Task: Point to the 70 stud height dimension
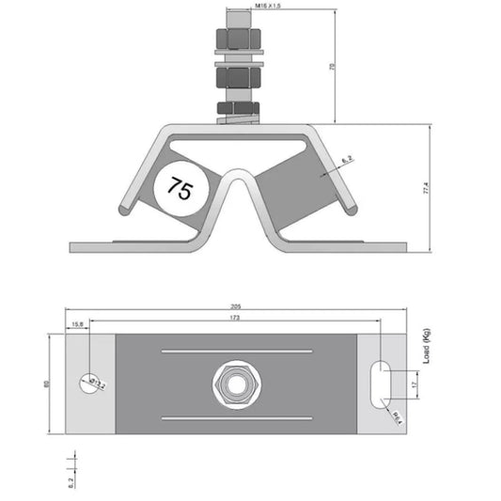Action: pyautogui.click(x=332, y=66)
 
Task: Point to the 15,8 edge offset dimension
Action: pyautogui.click(x=77, y=325)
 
